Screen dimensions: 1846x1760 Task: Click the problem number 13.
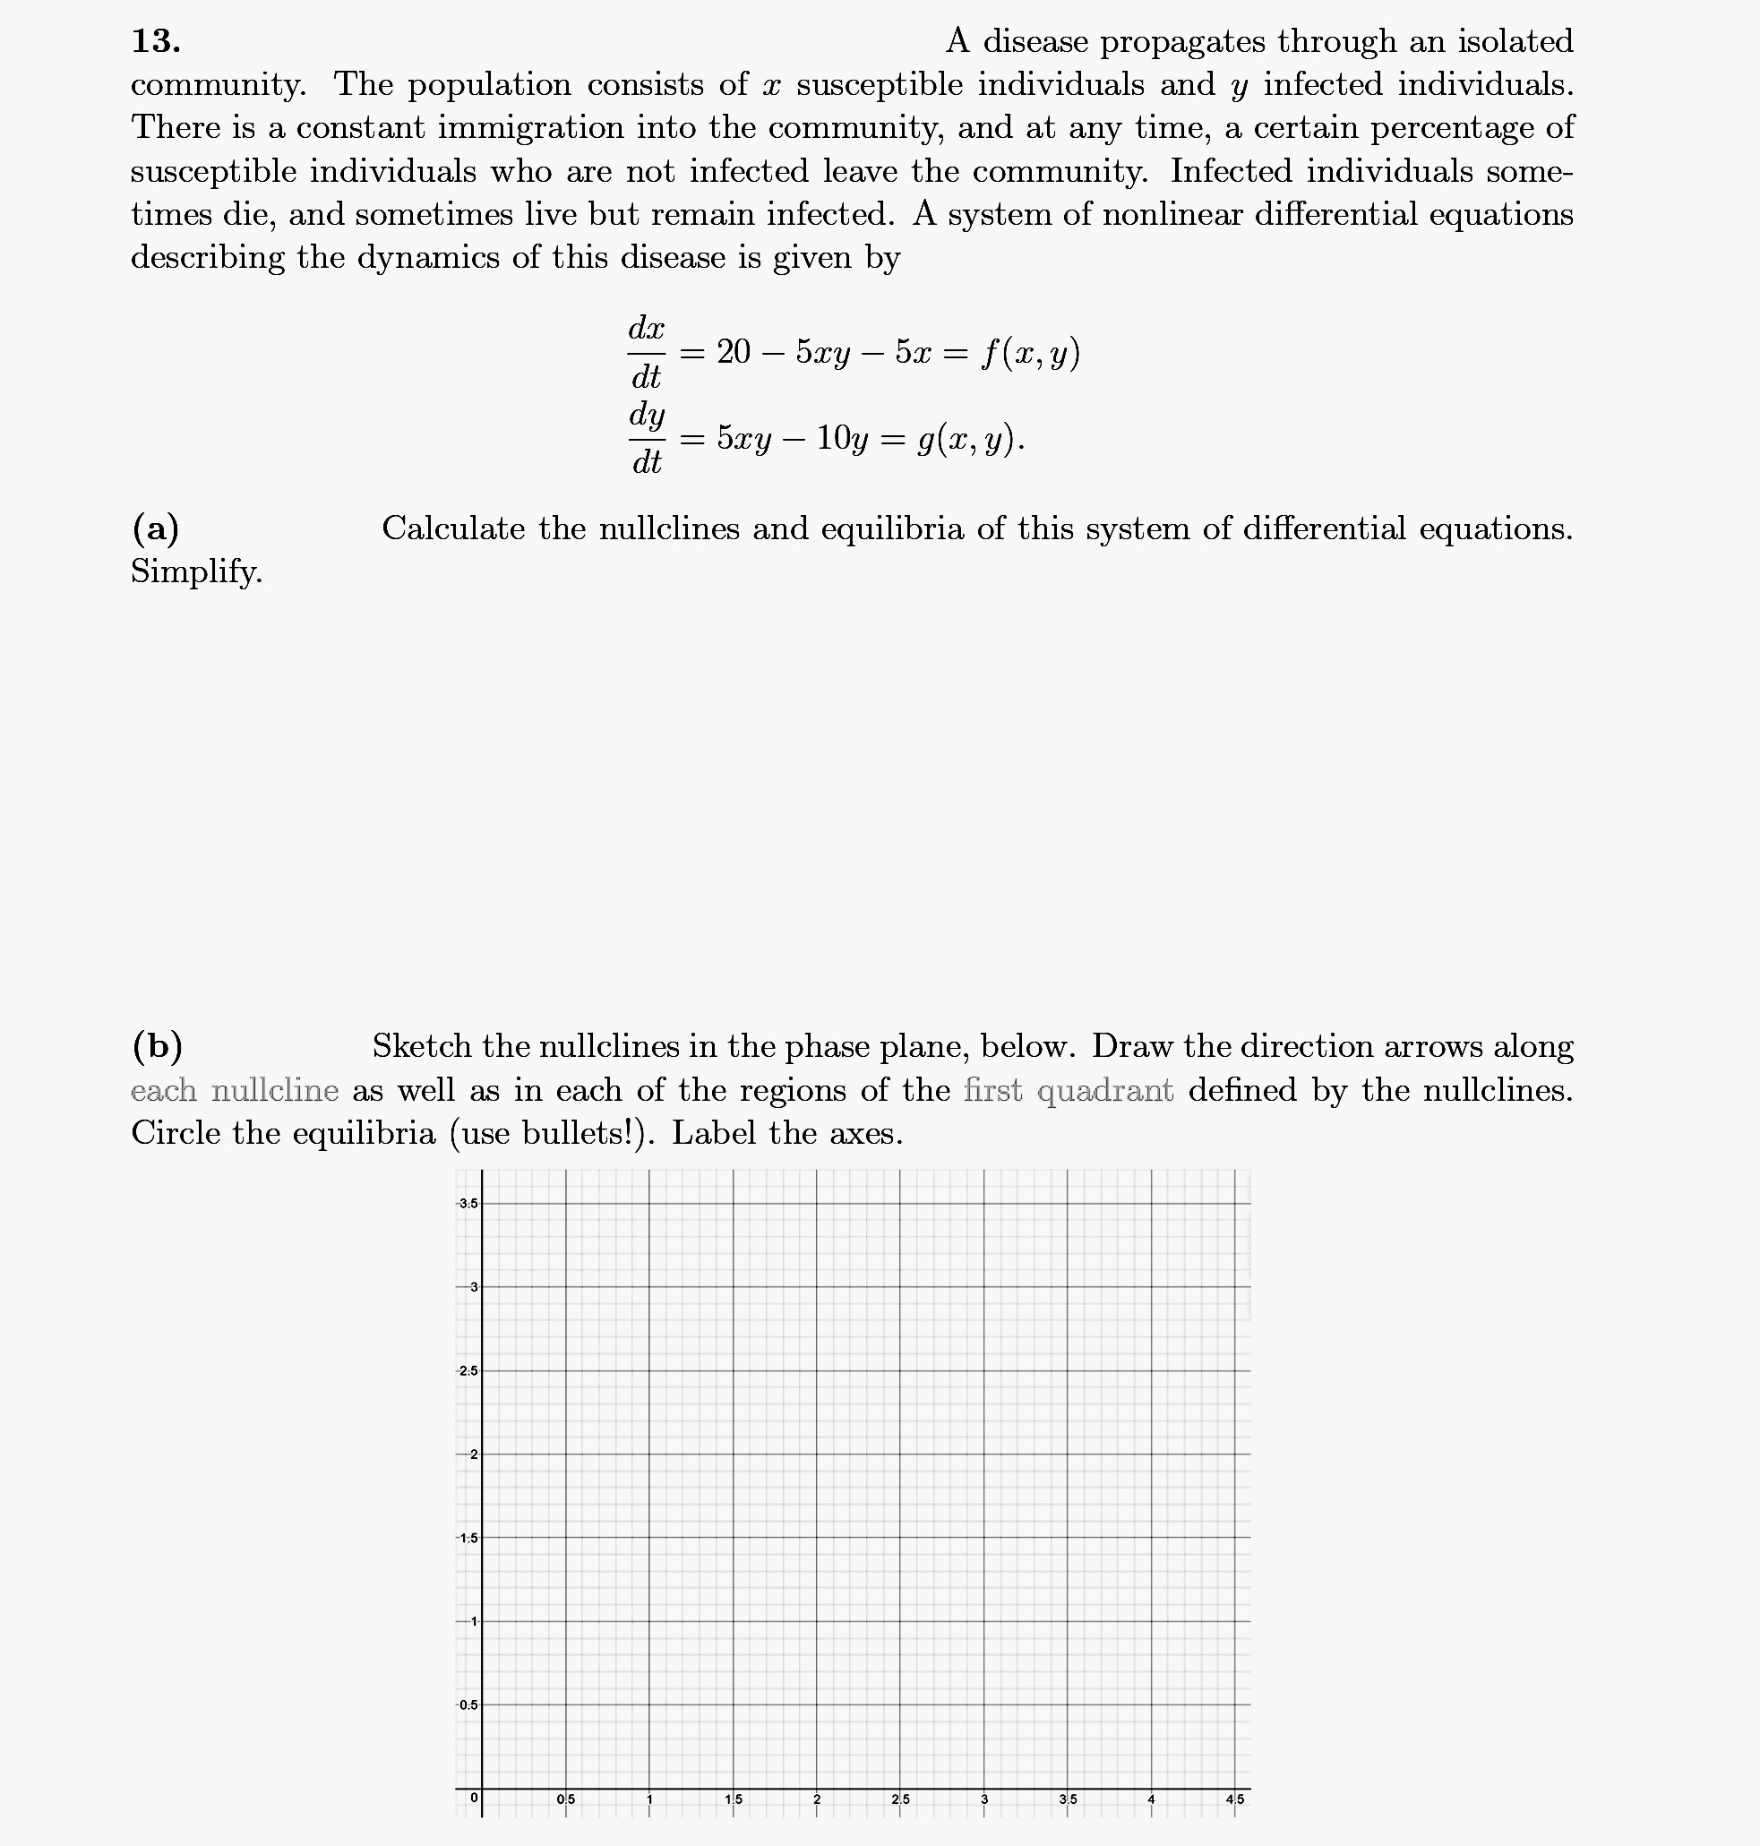pyautogui.click(x=156, y=41)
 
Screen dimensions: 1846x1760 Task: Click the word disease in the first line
pyautogui.click(x=1035, y=41)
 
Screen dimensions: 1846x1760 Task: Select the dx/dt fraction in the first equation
pyautogui.click(x=647, y=353)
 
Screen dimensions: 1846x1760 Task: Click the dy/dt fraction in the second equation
pyautogui.click(x=647, y=438)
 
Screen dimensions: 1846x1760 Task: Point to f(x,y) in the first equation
pyautogui.click(x=1030, y=353)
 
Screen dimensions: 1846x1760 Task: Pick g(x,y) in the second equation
pyautogui.click(x=970, y=438)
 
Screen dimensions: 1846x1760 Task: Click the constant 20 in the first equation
pyautogui.click(x=734, y=353)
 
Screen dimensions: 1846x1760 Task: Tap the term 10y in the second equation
pyautogui.click(x=842, y=438)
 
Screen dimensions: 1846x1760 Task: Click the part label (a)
pyautogui.click(x=156, y=529)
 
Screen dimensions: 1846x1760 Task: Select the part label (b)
pyautogui.click(x=157, y=1047)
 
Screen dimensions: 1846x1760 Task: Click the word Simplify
pyautogui.click(x=196, y=571)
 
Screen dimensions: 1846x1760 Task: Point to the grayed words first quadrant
pyautogui.click(x=1069, y=1090)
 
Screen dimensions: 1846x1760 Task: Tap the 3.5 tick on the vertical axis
pyautogui.click(x=468, y=1204)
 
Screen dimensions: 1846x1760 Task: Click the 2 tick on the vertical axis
pyautogui.click(x=473, y=1455)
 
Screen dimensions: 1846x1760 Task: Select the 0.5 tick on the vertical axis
pyautogui.click(x=468, y=1705)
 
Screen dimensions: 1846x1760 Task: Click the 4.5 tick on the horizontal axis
pyautogui.click(x=1234, y=1800)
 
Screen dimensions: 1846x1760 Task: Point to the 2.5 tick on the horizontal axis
pyautogui.click(x=899, y=1800)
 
